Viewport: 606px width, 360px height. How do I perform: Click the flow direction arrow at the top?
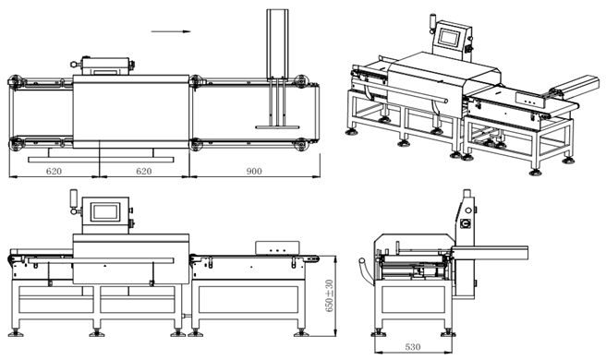pyautogui.click(x=171, y=31)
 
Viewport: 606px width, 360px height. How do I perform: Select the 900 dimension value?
pyautogui.click(x=254, y=171)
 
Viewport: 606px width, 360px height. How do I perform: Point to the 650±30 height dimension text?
pyautogui.click(x=329, y=295)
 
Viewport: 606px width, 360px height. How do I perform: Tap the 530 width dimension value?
pyautogui.click(x=413, y=347)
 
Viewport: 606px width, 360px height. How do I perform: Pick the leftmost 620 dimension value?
pyautogui.click(x=54, y=171)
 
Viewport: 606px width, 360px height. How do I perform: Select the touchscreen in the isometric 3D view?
pyautogui.click(x=449, y=38)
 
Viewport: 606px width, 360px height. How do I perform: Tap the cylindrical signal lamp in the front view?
pyautogui.click(x=73, y=198)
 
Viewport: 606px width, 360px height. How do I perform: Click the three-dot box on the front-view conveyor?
pyautogui.click(x=277, y=248)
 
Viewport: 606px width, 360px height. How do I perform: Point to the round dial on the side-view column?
pyautogui.click(x=467, y=223)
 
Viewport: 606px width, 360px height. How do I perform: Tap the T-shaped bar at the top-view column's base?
pyautogui.click(x=277, y=126)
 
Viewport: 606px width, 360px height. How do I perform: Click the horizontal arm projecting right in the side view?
pyautogui.click(x=490, y=253)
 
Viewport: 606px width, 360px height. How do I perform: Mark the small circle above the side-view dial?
pyautogui.click(x=468, y=210)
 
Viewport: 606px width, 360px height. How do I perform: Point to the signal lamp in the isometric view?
pyautogui.click(x=432, y=21)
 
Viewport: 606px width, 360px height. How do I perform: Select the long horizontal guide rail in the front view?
pyautogui.click(x=101, y=260)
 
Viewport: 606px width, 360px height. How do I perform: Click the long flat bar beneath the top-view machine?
pyautogui.click(x=101, y=159)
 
